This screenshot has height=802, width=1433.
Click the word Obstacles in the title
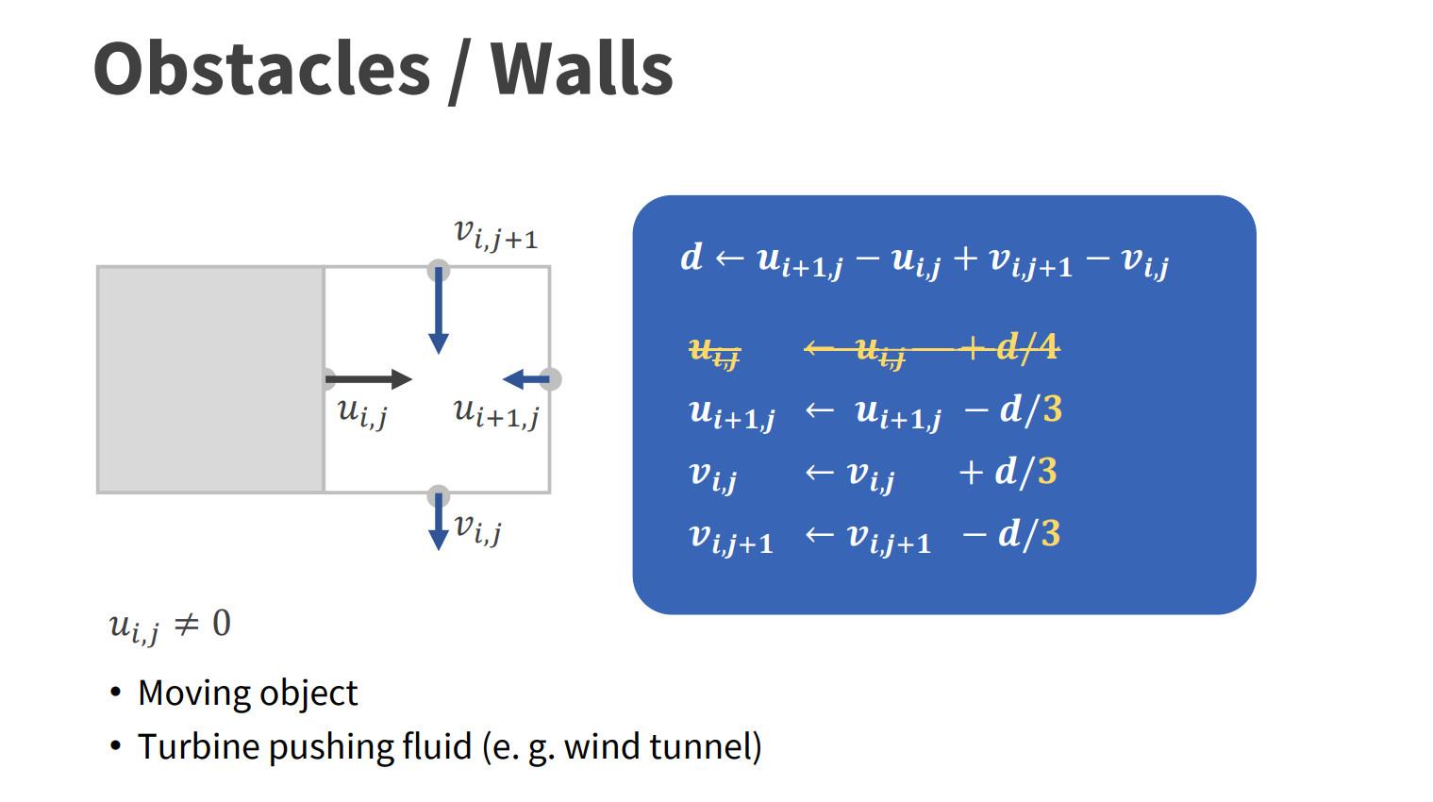click(261, 69)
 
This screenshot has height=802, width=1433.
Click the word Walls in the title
click(581, 69)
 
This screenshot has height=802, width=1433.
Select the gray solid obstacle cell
click(210, 379)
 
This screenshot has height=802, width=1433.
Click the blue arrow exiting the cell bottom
click(438, 525)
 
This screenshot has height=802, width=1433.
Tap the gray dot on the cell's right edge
click(550, 379)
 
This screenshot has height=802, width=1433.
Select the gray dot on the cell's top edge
click(438, 271)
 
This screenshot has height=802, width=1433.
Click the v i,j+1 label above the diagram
click(495, 234)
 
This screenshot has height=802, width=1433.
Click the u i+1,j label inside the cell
click(495, 412)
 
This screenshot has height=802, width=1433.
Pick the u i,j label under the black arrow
click(362, 412)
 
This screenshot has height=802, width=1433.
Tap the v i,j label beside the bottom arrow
click(477, 528)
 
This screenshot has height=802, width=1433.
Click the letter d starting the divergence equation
click(692, 257)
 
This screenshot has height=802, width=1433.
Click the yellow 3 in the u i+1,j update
click(1052, 409)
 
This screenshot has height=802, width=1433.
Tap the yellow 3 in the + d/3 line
click(1047, 472)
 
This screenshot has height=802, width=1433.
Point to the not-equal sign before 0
click(187, 624)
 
